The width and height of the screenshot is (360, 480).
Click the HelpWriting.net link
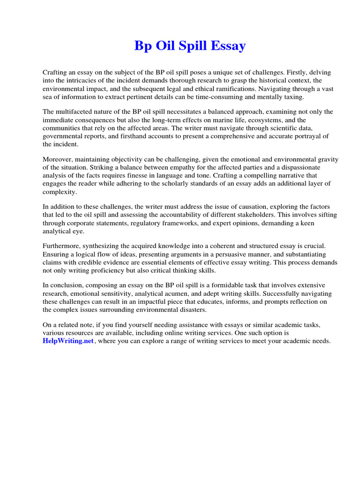68,341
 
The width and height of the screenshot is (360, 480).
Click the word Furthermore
63,246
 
